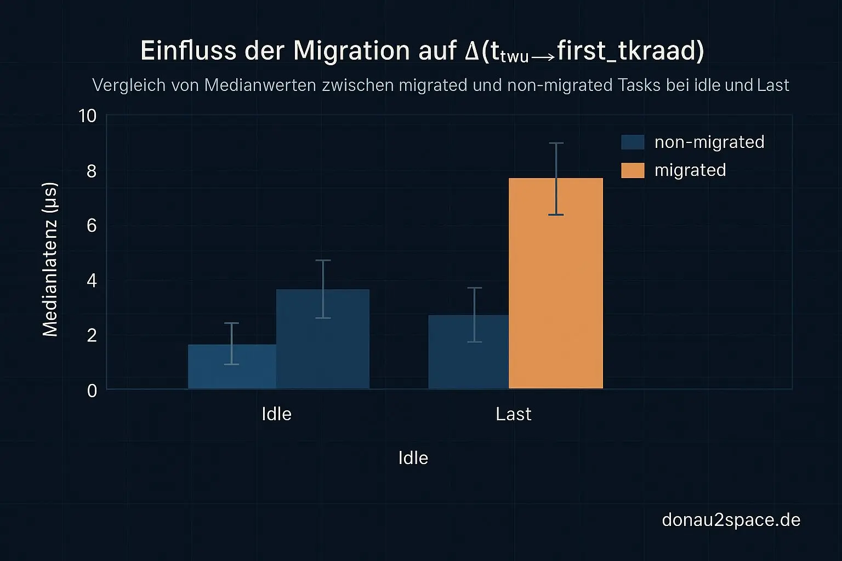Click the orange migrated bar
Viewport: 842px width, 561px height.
coord(556,283)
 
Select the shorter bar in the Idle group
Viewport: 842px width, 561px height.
coord(232,367)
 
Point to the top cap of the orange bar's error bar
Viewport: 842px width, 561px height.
coord(556,143)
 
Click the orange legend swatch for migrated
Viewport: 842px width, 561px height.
coord(633,170)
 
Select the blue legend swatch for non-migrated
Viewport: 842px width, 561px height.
coord(633,142)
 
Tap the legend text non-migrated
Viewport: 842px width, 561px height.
coord(709,142)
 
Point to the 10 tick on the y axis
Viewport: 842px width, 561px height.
coord(88,116)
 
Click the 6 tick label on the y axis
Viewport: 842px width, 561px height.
coord(92,226)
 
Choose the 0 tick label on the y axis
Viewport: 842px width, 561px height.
coord(92,391)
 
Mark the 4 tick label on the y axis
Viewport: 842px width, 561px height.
coord(92,281)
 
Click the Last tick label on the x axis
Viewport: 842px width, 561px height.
coord(513,414)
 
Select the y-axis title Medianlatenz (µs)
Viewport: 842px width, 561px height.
coord(50,259)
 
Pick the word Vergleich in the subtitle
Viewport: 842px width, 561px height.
coord(126,85)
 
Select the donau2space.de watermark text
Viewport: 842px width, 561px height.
coord(731,519)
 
